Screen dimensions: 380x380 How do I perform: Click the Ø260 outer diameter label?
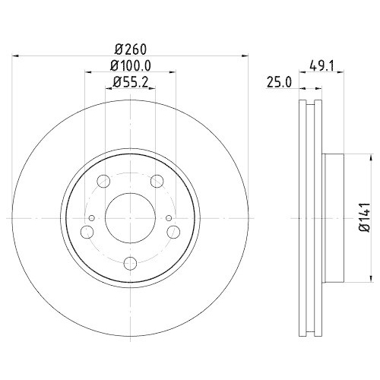(129, 44)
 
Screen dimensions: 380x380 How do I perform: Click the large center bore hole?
(129, 217)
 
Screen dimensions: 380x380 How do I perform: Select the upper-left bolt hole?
(104, 181)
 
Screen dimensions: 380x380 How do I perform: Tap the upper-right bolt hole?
(157, 181)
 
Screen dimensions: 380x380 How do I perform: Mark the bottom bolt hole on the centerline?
(129, 263)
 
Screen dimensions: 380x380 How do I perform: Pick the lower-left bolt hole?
(87, 232)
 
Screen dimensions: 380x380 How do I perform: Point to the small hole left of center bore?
(92, 220)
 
